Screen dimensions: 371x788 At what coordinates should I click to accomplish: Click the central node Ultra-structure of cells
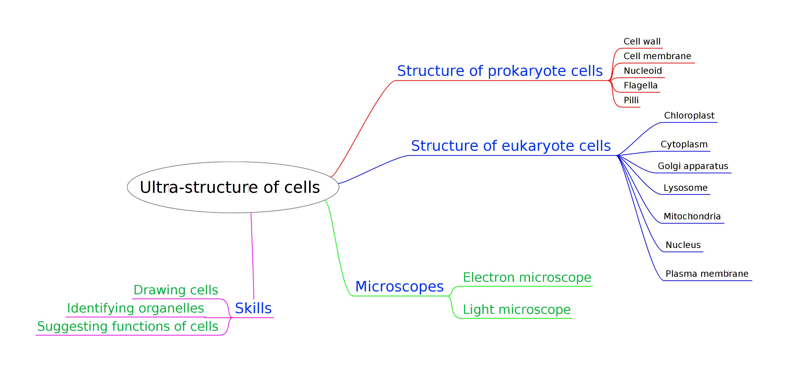click(x=230, y=187)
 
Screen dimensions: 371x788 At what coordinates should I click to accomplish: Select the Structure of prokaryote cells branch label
click(x=500, y=71)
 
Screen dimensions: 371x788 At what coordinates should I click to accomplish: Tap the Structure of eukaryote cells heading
click(x=511, y=146)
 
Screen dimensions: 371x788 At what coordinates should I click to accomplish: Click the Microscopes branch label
click(x=399, y=287)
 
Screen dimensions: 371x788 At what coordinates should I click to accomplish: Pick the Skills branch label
click(x=253, y=308)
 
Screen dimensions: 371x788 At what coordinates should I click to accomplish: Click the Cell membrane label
click(x=657, y=56)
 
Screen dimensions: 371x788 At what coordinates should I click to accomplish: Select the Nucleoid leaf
click(x=643, y=71)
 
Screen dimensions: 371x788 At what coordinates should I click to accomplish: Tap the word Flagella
click(x=641, y=85)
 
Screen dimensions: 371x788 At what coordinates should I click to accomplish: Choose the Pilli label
click(x=631, y=100)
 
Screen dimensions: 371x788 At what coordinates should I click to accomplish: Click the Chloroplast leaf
click(x=689, y=115)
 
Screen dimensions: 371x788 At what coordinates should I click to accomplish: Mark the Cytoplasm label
click(x=684, y=144)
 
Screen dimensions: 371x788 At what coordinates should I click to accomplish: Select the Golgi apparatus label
click(x=693, y=166)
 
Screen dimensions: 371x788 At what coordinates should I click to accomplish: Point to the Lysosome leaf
click(x=685, y=188)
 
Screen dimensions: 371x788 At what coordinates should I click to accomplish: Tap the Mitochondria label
click(x=692, y=216)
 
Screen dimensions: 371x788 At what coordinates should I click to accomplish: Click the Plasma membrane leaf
click(x=707, y=274)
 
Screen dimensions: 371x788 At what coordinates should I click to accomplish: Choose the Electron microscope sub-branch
click(x=527, y=278)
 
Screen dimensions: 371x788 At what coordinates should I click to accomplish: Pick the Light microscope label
click(x=517, y=309)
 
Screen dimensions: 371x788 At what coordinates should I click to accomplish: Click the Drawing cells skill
click(x=176, y=290)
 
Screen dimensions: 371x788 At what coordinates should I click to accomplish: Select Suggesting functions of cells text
click(x=128, y=326)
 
